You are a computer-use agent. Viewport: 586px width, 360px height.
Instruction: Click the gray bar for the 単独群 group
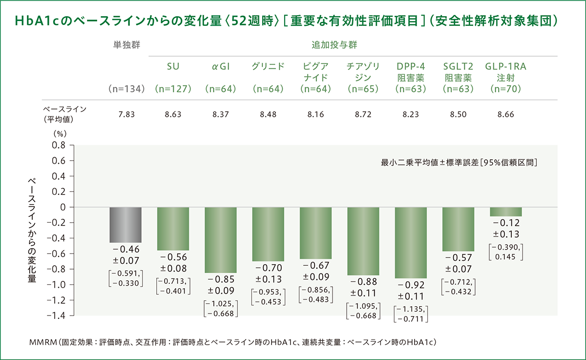(x=126, y=225)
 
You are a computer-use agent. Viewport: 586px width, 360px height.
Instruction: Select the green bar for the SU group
(x=173, y=229)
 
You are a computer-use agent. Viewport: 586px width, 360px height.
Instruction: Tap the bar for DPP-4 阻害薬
(x=411, y=242)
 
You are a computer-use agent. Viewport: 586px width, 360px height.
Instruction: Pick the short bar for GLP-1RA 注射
(x=506, y=212)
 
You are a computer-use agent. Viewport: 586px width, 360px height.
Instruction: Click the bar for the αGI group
(x=221, y=240)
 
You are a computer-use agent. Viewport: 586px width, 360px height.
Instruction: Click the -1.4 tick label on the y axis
(x=55, y=316)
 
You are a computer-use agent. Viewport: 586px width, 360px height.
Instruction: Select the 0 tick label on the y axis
(x=63, y=207)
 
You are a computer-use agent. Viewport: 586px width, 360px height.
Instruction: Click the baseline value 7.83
(x=126, y=114)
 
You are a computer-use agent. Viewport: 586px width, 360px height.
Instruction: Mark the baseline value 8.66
(x=505, y=114)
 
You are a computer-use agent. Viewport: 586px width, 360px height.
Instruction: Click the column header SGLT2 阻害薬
(x=458, y=72)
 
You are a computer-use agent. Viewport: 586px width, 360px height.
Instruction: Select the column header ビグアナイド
(x=315, y=72)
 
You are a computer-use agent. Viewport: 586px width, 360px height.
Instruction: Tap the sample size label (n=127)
(x=173, y=89)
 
